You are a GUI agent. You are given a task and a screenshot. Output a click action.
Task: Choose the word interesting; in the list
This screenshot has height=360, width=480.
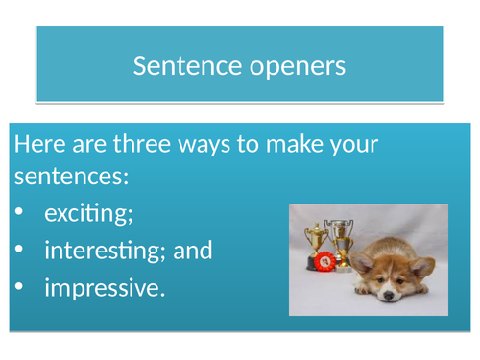coord(107,251)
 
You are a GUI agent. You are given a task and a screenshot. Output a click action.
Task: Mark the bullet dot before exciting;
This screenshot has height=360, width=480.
coord(19,215)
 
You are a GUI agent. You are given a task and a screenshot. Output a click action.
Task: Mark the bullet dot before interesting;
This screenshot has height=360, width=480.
coord(19,252)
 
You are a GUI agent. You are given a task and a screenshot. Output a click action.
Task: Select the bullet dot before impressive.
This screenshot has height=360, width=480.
coord(19,288)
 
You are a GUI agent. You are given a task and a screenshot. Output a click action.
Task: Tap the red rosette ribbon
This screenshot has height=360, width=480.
coord(325,261)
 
